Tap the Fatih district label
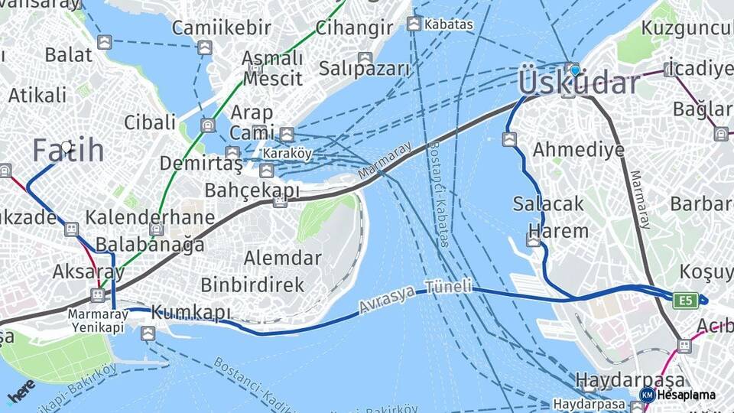pos(68,151)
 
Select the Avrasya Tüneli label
pos(417,298)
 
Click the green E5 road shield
pos(684,301)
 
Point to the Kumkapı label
pos(191,313)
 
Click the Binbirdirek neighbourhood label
pos(252,285)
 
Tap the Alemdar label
pos(283,258)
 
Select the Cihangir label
pos(354,28)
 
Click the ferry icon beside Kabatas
pos(414,24)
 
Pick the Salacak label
pos(548,204)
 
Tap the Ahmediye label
pos(578,149)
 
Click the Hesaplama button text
pos(687,395)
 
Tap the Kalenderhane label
pos(150,217)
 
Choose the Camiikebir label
pos(221,28)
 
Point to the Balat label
pos(68,54)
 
